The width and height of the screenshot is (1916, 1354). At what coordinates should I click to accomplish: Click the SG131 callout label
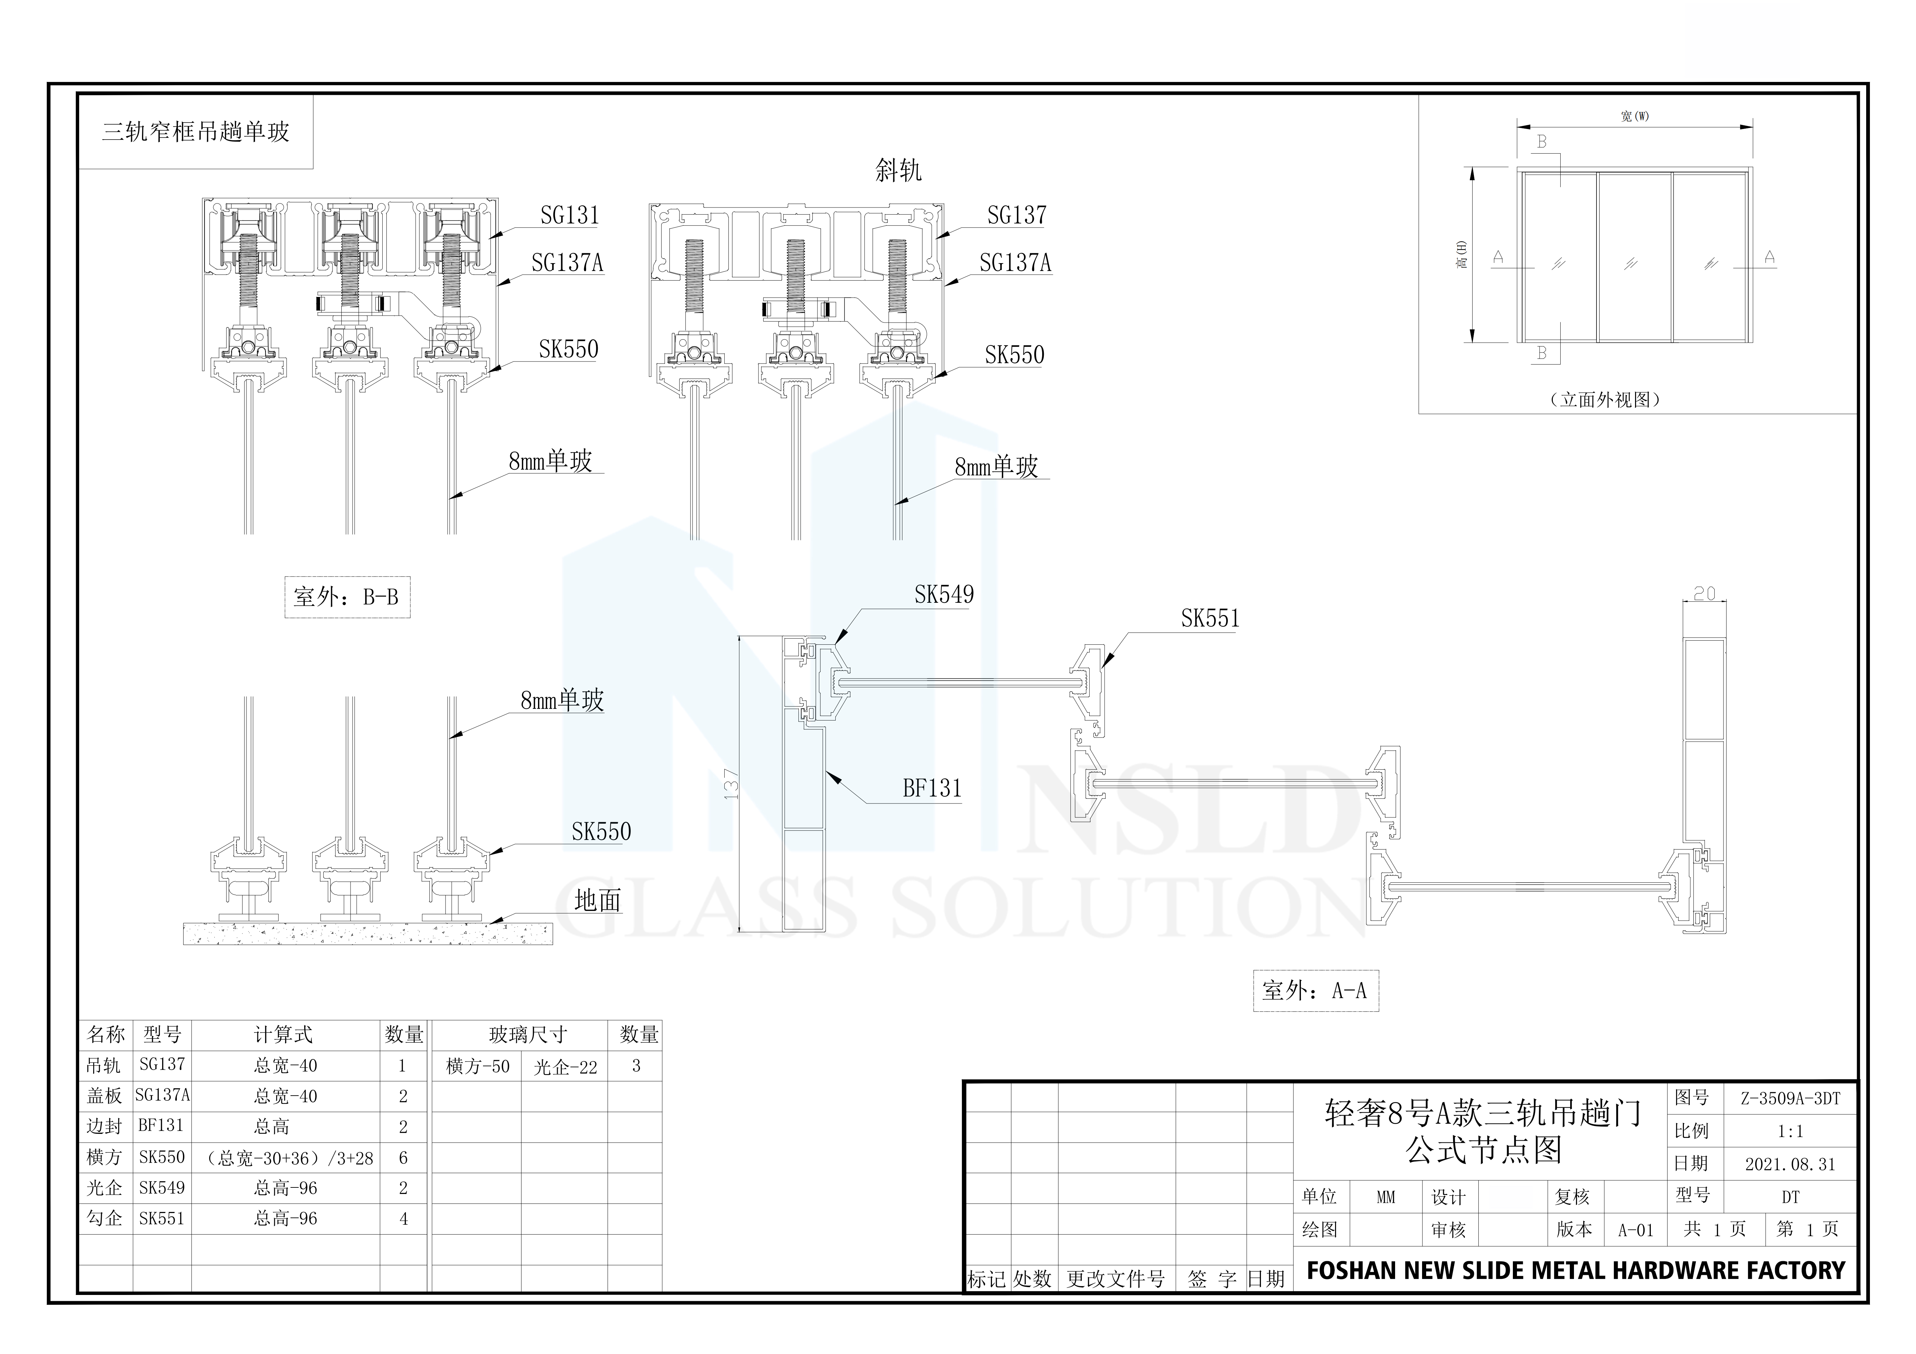[x=570, y=215]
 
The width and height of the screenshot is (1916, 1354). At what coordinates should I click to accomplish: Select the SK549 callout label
[x=944, y=595]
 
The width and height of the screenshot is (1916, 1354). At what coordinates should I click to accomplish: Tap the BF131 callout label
[x=932, y=788]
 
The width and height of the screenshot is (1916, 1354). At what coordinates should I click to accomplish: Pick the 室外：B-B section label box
[x=347, y=597]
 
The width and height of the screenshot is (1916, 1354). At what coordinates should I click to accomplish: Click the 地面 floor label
[x=597, y=900]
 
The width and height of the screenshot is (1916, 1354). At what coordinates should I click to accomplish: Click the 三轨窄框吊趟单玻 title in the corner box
[x=195, y=132]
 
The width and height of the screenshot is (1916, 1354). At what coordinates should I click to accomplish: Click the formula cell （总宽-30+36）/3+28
[x=289, y=1158]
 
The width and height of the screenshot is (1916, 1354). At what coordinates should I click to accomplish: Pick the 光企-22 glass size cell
[x=565, y=1067]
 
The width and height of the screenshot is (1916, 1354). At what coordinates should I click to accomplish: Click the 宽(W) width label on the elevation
[x=1635, y=117]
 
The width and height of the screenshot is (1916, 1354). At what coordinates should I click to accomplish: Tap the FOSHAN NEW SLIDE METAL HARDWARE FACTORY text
[x=1576, y=1271]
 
